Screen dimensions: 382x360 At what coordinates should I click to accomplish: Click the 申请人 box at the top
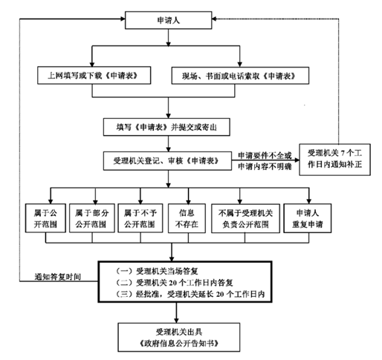click(x=168, y=20)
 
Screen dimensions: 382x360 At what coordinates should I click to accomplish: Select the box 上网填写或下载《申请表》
click(x=94, y=75)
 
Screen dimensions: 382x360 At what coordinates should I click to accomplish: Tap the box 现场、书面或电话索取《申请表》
click(x=240, y=76)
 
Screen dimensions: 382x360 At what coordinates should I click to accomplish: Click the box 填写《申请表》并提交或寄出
click(x=166, y=127)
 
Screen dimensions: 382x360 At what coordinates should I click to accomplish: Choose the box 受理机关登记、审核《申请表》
click(x=167, y=161)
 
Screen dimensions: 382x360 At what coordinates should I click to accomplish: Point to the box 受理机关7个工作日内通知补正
click(x=334, y=160)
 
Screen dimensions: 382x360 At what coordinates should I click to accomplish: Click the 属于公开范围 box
click(x=45, y=218)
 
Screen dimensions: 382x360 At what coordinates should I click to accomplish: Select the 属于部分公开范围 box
click(x=92, y=218)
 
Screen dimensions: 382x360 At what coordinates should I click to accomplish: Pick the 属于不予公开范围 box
click(x=140, y=218)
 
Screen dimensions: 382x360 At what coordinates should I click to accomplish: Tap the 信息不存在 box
click(x=187, y=218)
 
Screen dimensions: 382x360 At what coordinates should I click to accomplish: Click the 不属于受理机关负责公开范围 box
click(x=245, y=218)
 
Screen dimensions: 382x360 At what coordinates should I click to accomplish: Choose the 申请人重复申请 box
click(x=308, y=218)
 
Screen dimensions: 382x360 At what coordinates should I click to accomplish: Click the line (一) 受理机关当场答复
click(x=157, y=271)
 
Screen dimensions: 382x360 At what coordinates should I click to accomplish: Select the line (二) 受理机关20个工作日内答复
click(x=174, y=282)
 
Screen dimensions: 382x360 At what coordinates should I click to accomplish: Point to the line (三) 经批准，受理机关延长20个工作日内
click(x=190, y=294)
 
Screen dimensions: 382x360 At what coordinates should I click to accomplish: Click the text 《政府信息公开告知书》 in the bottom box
click(x=179, y=344)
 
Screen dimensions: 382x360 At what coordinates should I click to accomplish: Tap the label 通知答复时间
click(x=58, y=277)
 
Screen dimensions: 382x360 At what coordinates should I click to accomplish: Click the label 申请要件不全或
click(x=265, y=155)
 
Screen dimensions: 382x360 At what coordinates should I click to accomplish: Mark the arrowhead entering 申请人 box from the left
click(x=123, y=19)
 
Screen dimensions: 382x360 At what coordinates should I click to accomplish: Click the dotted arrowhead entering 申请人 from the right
click(x=215, y=19)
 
